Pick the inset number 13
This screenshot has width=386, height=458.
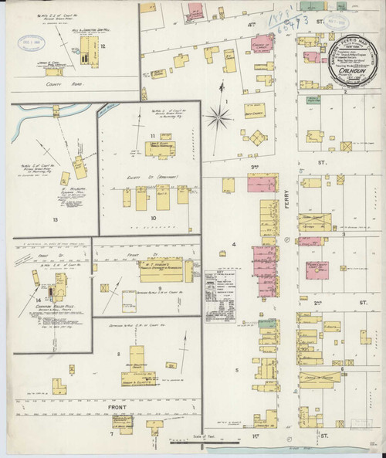[55, 219]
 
